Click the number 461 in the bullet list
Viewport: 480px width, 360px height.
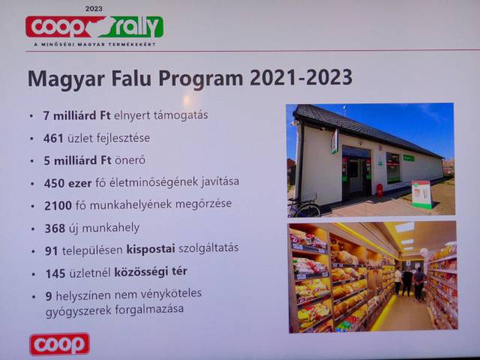[53, 138]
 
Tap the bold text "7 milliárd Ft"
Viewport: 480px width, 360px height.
[76, 115]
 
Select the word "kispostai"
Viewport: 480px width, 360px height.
[151, 249]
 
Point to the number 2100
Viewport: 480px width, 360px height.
[58, 205]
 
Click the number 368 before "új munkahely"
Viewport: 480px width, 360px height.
[55, 228]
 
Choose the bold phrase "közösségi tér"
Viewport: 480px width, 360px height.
[151, 272]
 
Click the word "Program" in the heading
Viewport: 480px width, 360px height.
[200, 78]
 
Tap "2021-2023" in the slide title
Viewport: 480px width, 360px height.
[301, 77]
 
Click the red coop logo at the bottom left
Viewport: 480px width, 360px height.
[59, 344]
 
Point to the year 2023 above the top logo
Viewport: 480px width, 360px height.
[94, 9]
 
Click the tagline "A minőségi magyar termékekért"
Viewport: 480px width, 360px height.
[95, 44]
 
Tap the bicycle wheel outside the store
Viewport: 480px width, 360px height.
[308, 211]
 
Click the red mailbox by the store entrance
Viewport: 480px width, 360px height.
[379, 190]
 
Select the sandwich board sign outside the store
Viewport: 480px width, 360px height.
[421, 195]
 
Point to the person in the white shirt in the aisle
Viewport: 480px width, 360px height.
[398, 280]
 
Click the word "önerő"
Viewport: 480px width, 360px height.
[130, 160]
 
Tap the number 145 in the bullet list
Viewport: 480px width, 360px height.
[55, 274]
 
